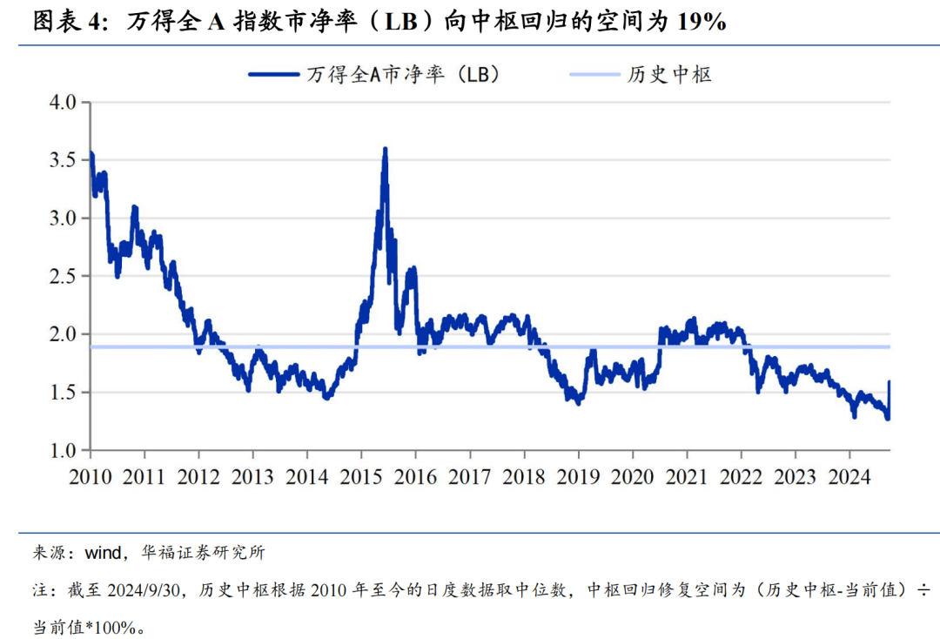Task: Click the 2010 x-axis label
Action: [x=90, y=476]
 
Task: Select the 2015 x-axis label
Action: [x=361, y=476]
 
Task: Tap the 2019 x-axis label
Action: [x=578, y=476]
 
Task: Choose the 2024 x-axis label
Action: [x=849, y=476]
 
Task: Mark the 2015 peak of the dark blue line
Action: [x=385, y=150]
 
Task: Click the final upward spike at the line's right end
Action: [x=889, y=382]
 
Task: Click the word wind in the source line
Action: [x=103, y=552]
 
